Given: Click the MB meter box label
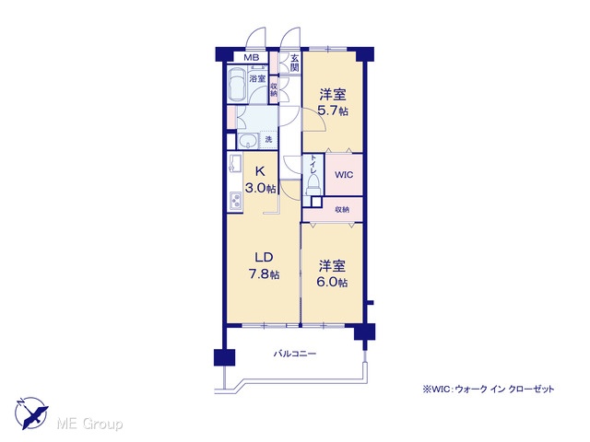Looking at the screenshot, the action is coord(252,57).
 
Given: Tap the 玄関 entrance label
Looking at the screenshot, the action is coord(294,63).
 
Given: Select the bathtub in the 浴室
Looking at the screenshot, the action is coord(238,84).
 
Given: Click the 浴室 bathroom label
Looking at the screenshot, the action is coord(257,79).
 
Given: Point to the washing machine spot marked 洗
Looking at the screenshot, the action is coord(268,139).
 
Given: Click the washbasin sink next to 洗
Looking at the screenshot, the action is coord(248,141).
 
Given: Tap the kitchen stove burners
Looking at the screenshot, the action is coord(236,201).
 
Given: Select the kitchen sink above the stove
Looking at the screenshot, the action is coord(235,163).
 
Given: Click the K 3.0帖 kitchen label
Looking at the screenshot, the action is coord(260,180).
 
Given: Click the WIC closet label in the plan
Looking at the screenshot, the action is coord(344,175).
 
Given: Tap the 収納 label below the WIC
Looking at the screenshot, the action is coord(342,210).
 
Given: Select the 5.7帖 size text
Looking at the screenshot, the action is coord(333,110).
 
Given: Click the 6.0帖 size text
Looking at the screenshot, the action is coord(332,282).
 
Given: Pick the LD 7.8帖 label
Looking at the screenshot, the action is coord(264,266).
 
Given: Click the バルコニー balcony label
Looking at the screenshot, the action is coord(295,354).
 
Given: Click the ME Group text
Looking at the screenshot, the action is coord(89,424).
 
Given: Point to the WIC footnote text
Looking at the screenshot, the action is coord(489,389).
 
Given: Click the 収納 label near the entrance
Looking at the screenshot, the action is coord(274,90).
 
